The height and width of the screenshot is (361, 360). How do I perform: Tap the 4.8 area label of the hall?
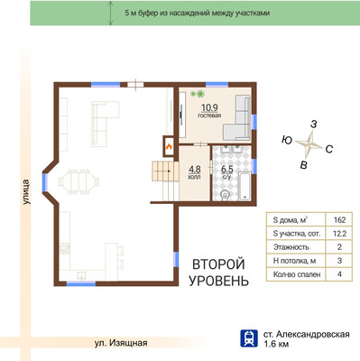pos(194,167)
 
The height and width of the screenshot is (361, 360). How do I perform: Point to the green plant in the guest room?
pos(201,94)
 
